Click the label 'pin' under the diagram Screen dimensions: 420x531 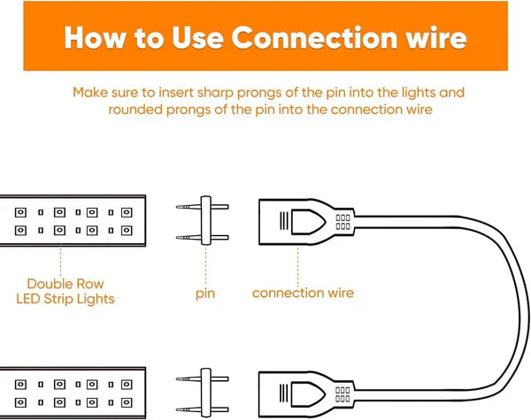(x=204, y=293)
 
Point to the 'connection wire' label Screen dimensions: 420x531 (x=303, y=293)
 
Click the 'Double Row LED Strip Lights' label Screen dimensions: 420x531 (x=65, y=291)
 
